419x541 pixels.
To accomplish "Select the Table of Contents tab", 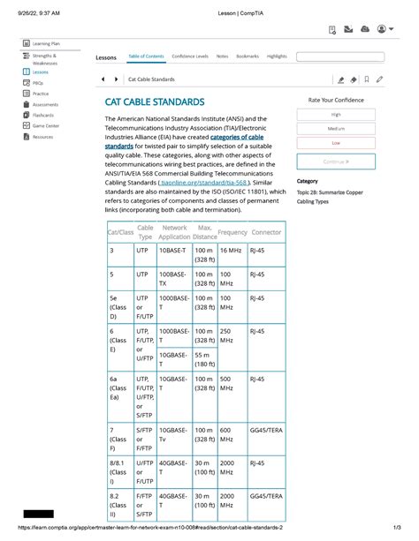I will [x=146, y=56].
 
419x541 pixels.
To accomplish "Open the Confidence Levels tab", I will [x=190, y=56].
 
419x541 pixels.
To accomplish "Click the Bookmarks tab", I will [x=248, y=56].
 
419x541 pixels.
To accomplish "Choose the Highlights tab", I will [x=276, y=56].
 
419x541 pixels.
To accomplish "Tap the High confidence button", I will [x=336, y=114].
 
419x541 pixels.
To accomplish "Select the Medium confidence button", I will [x=336, y=128].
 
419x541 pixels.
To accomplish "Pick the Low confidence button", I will [x=336, y=142].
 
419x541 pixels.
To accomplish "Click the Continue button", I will [x=336, y=162].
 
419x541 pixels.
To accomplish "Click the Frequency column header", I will [x=232, y=232].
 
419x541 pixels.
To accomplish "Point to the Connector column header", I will [x=266, y=232].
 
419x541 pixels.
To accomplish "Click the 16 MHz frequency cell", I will [x=231, y=251].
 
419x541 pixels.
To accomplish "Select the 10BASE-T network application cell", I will [x=171, y=251].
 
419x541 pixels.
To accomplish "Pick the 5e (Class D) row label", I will [x=117, y=306].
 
